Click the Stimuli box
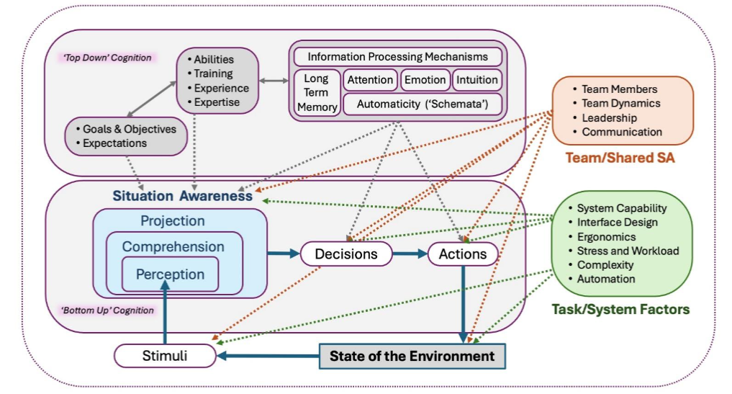165,355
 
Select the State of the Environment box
412,356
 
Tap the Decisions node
345,254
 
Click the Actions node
462,254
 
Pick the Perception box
170,274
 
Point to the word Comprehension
173,246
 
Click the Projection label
172,221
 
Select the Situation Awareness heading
182,195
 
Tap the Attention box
370,80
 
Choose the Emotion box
425,80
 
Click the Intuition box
476,80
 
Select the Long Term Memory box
316,93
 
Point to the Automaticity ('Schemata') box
422,104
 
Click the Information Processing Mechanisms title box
397,56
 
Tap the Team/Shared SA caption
621,157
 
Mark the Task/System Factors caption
620,309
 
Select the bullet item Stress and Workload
628,251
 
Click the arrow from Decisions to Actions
410,254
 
